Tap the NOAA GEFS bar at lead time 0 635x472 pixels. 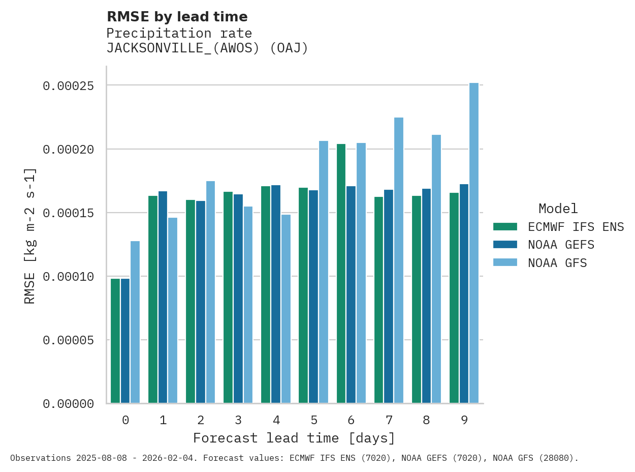point(125,341)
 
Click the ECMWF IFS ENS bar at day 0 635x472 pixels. point(115,341)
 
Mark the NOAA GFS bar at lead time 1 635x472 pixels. point(173,310)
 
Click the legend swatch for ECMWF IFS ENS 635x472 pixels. point(505,226)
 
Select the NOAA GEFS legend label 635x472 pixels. point(561,245)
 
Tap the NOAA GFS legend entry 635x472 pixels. point(557,263)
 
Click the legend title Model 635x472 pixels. point(558,209)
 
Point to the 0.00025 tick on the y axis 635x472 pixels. point(68,86)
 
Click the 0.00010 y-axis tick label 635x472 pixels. point(68,277)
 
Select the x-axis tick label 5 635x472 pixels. point(314,420)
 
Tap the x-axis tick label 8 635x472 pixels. point(427,420)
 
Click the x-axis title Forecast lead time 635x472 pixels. point(294,438)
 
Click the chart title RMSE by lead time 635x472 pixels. point(177,17)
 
